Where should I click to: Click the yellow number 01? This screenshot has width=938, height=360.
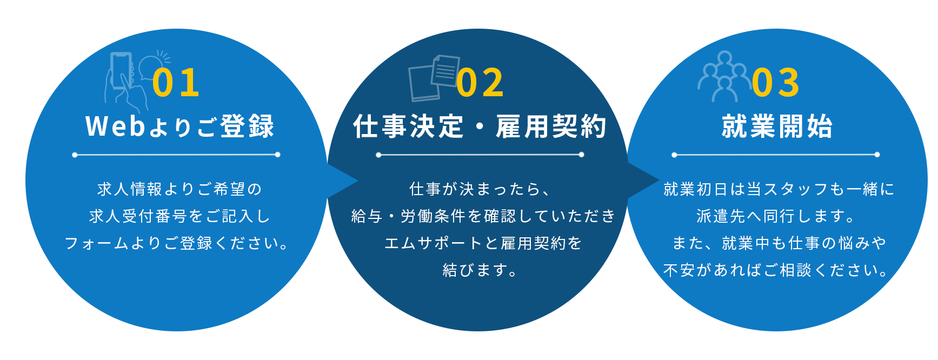tap(176, 83)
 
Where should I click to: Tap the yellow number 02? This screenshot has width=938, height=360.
tap(480, 83)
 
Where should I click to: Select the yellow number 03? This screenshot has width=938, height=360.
tap(776, 83)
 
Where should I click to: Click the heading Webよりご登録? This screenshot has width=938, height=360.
tap(180, 126)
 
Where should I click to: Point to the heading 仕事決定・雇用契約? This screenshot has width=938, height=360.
tap(480, 126)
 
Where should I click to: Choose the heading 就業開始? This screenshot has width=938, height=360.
tap(777, 126)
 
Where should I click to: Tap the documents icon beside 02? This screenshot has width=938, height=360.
tap(434, 78)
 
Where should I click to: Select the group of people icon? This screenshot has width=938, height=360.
tap(724, 76)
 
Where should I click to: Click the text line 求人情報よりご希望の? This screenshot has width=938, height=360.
tap(179, 189)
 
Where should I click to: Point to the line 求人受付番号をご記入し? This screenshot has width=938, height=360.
tap(179, 216)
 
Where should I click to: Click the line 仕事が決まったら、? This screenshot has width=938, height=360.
tap(480, 189)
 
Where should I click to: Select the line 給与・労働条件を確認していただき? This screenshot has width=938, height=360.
tap(483, 216)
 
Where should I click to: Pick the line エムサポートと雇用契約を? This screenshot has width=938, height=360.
tap(483, 243)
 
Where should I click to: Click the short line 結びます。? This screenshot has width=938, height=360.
tap(480, 270)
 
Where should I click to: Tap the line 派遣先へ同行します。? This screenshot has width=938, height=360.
tap(776, 216)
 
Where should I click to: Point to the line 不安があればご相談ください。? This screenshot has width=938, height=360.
tap(776, 270)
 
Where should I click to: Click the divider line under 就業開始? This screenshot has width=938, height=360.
tap(776, 155)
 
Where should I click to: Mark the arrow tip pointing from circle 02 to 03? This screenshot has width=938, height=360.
tap(659, 181)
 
